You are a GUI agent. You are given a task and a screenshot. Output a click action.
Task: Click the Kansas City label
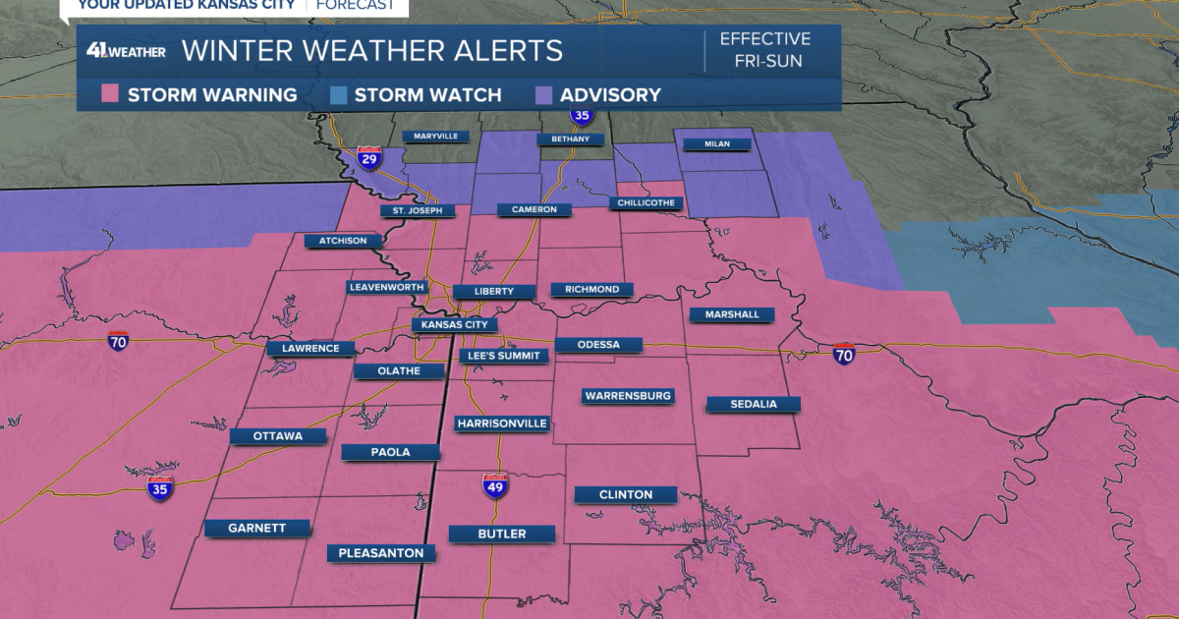point(454,324)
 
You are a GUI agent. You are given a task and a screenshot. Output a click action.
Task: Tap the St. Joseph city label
point(418,210)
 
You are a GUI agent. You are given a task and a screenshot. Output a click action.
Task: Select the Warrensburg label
point(628,396)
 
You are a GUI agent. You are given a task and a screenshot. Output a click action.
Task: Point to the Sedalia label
point(754,404)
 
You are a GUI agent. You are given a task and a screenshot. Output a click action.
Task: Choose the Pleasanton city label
point(381,553)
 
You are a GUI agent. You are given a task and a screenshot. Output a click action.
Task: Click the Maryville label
point(435,136)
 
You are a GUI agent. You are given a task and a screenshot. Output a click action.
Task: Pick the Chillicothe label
point(646,203)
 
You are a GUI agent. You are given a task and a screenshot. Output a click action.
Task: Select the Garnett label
point(257,528)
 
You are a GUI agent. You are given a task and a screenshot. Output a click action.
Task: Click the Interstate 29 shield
point(369,159)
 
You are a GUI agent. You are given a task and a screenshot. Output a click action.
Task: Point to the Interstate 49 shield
point(496,484)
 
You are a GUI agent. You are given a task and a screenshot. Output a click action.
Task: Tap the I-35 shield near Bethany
point(582,116)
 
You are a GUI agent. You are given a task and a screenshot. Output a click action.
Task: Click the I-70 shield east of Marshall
point(844,354)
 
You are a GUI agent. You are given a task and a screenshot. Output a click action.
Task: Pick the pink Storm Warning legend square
point(110,95)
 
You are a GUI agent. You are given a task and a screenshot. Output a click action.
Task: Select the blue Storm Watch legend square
point(337,95)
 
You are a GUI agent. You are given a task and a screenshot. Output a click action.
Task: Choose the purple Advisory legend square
point(543,95)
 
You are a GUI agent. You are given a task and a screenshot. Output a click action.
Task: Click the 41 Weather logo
point(125,50)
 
